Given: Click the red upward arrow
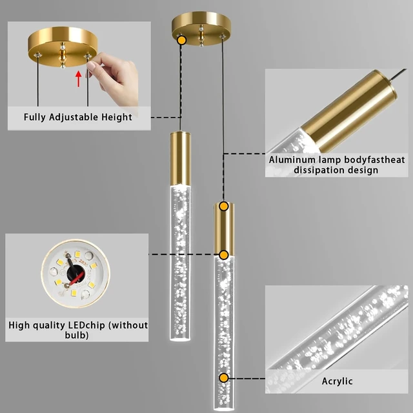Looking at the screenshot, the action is tap(78, 79).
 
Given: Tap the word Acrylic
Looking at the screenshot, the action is tap(337, 381).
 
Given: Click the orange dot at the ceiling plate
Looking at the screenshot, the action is tap(182, 40).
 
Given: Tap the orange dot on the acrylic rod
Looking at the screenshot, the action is tap(224, 378).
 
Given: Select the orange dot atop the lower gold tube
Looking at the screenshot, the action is tap(224, 206).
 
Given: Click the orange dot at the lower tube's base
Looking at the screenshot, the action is tap(224, 255).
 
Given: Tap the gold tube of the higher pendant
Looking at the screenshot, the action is tap(180, 158).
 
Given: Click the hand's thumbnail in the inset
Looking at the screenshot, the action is tap(91, 65).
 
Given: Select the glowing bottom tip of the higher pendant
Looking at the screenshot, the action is tap(180, 339).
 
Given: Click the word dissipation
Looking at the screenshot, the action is tap(317, 170).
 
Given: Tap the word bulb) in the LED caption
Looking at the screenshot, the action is tap(77, 335).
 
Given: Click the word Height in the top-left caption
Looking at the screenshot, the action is tap(117, 117).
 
